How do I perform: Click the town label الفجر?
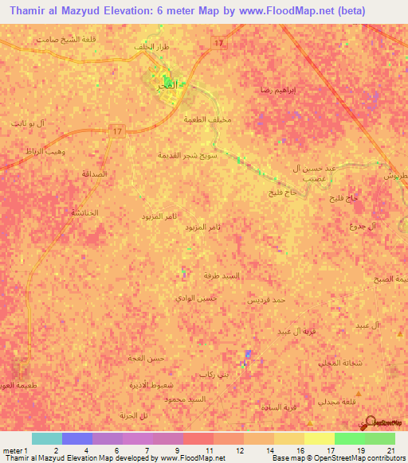[171, 82]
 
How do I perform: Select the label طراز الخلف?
[152, 48]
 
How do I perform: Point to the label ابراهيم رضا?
[278, 91]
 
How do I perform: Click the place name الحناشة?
[84, 212]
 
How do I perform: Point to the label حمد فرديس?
[269, 300]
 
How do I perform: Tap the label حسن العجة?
[147, 359]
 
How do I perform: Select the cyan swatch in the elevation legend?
[46, 438]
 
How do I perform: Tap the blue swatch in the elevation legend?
[76, 438]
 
